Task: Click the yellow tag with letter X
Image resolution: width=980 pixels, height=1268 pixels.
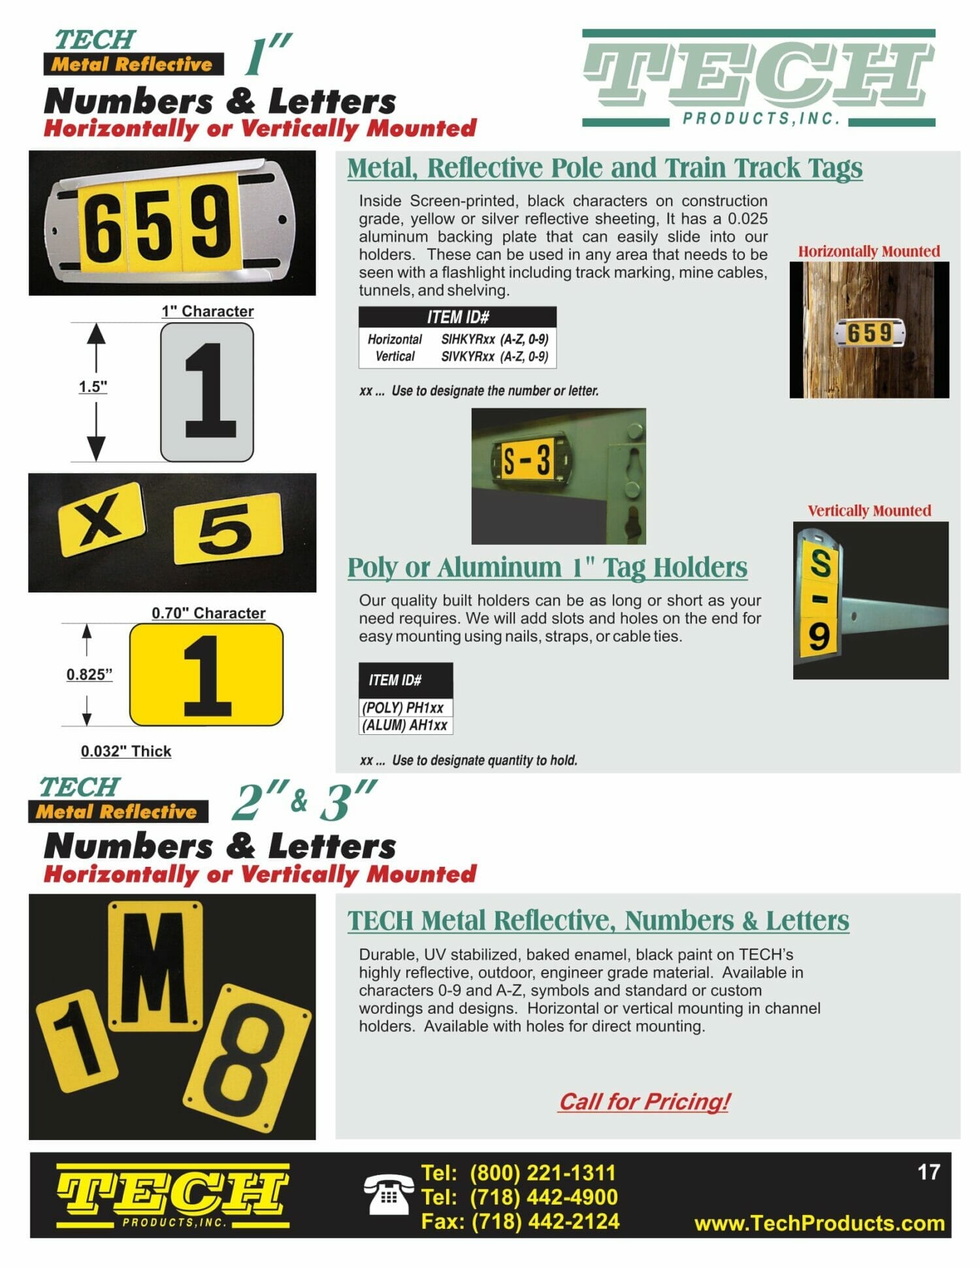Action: click(101, 520)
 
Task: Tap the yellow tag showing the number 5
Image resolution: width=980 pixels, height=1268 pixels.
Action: click(228, 528)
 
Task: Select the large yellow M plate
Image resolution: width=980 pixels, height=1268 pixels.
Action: click(155, 964)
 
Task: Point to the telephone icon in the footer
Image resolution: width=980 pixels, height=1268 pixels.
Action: click(388, 1194)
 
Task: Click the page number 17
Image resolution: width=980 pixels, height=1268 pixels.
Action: click(928, 1172)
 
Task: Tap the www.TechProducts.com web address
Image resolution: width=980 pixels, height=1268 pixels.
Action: click(819, 1223)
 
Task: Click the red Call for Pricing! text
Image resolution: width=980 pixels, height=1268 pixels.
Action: click(644, 1101)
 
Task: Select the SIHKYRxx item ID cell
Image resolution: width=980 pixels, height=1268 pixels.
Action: click(495, 339)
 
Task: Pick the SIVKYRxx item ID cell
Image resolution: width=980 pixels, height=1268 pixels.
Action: click(495, 357)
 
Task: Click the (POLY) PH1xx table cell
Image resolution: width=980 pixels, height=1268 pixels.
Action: click(405, 707)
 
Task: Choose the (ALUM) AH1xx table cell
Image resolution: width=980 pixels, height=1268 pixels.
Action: click(405, 725)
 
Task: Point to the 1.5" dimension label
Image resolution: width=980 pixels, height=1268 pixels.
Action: click(93, 387)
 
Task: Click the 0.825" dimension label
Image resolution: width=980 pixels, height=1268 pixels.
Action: click(90, 674)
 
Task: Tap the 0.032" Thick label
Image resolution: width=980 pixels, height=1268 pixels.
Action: click(126, 751)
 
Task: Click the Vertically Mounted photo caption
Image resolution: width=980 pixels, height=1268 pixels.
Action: click(870, 511)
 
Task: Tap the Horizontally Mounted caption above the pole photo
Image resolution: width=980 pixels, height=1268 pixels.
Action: click(869, 252)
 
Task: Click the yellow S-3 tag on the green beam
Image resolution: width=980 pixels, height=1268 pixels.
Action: click(525, 459)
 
